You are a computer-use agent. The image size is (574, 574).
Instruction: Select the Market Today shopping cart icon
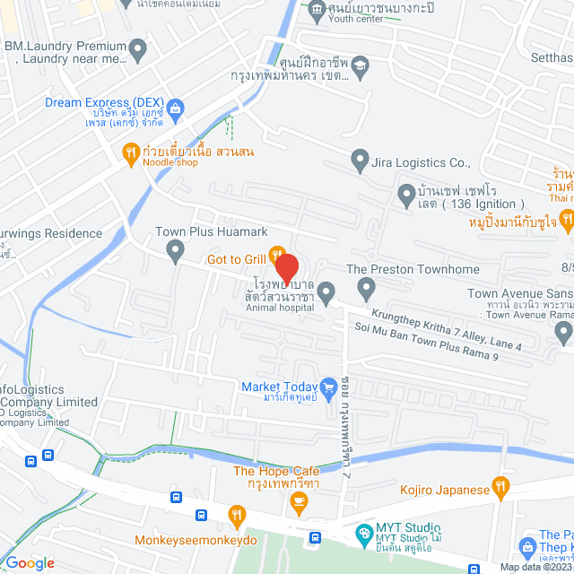(x=329, y=387)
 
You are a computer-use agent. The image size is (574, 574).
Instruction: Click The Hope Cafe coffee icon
(x=298, y=509)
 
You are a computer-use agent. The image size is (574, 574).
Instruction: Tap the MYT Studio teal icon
(x=363, y=533)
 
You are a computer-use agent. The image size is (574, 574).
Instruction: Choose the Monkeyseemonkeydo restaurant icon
(x=237, y=515)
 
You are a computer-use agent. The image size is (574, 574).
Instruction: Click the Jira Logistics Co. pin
(x=360, y=162)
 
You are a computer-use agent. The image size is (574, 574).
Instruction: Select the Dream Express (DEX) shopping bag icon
(x=175, y=109)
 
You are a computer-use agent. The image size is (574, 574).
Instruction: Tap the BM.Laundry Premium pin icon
(x=138, y=51)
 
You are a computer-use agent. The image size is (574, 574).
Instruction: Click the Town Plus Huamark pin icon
(x=175, y=248)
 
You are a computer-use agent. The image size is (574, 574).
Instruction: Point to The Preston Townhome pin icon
(x=365, y=289)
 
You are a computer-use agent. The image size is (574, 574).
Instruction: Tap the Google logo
(x=30, y=563)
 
